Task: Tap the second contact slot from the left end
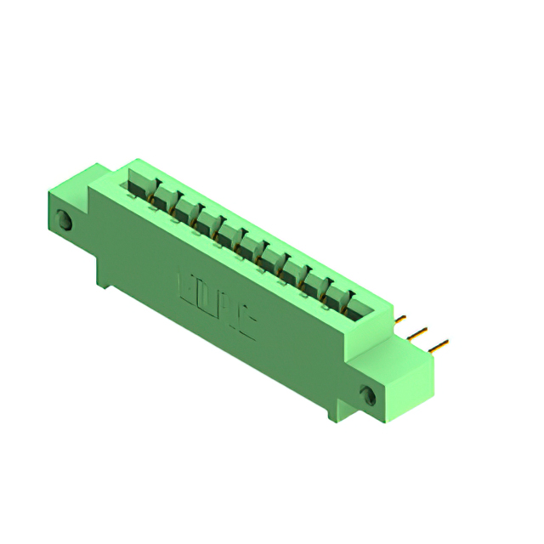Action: (x=163, y=196)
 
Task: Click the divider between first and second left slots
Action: (x=152, y=190)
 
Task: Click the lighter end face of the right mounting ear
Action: (x=411, y=387)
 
